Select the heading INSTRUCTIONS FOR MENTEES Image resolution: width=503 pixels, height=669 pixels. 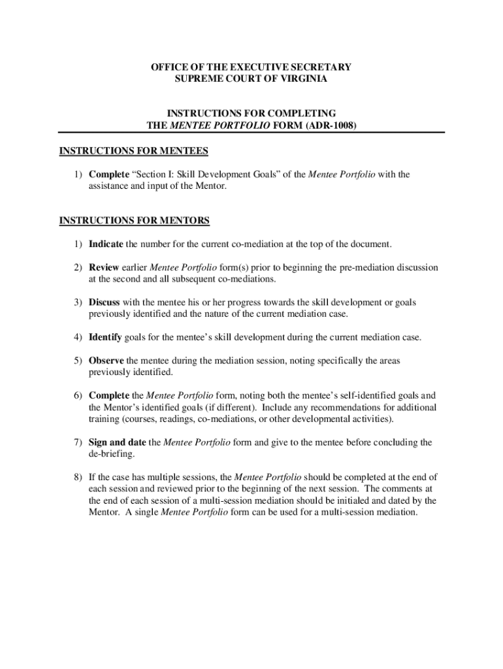coord(133,152)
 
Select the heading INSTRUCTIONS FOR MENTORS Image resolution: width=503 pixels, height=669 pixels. coord(135,221)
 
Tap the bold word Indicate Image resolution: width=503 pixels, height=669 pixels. coord(106,244)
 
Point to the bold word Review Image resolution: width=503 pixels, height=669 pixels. coord(104,268)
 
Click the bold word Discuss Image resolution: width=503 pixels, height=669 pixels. coord(105,302)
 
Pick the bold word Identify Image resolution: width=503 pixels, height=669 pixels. coord(105,338)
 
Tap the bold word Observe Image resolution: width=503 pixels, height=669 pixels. coord(106,361)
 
